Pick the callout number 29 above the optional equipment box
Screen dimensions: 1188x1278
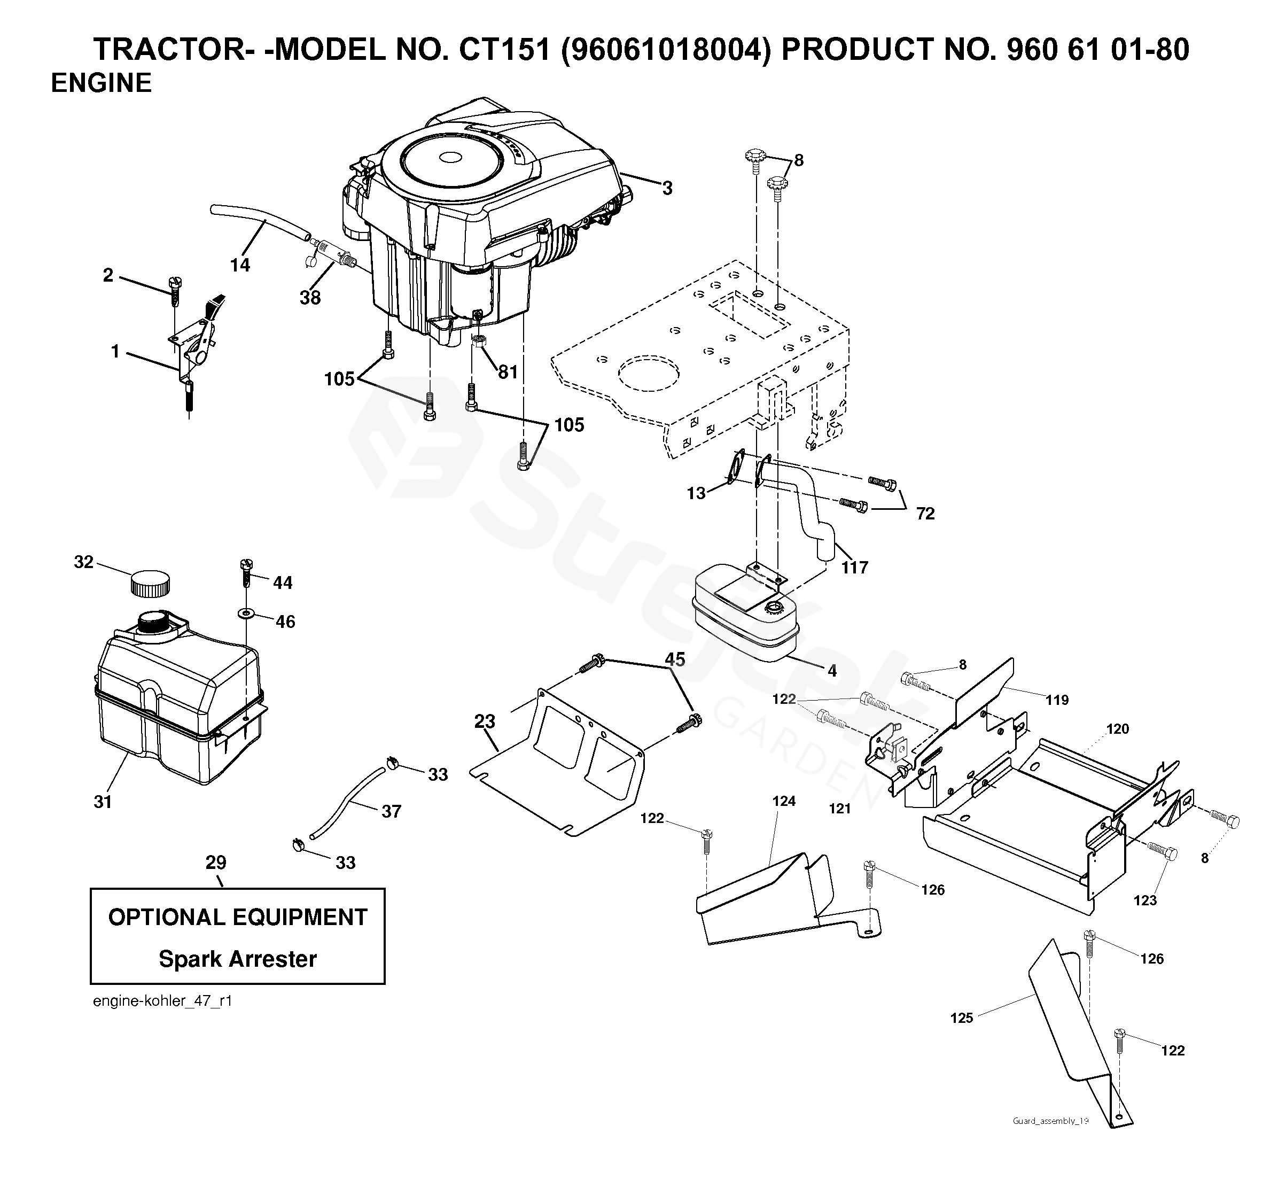coord(216,862)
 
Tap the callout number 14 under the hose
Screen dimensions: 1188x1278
coord(240,265)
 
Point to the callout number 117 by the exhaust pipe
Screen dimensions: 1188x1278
coord(854,567)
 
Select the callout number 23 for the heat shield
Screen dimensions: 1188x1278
coord(485,721)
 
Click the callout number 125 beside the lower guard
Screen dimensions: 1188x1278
coord(962,1018)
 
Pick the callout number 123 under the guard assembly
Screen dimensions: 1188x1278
coord(1145,900)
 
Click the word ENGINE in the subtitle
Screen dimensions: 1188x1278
coord(102,83)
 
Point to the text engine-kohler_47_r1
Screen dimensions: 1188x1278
coord(162,1001)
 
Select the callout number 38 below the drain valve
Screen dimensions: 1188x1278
coord(310,298)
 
